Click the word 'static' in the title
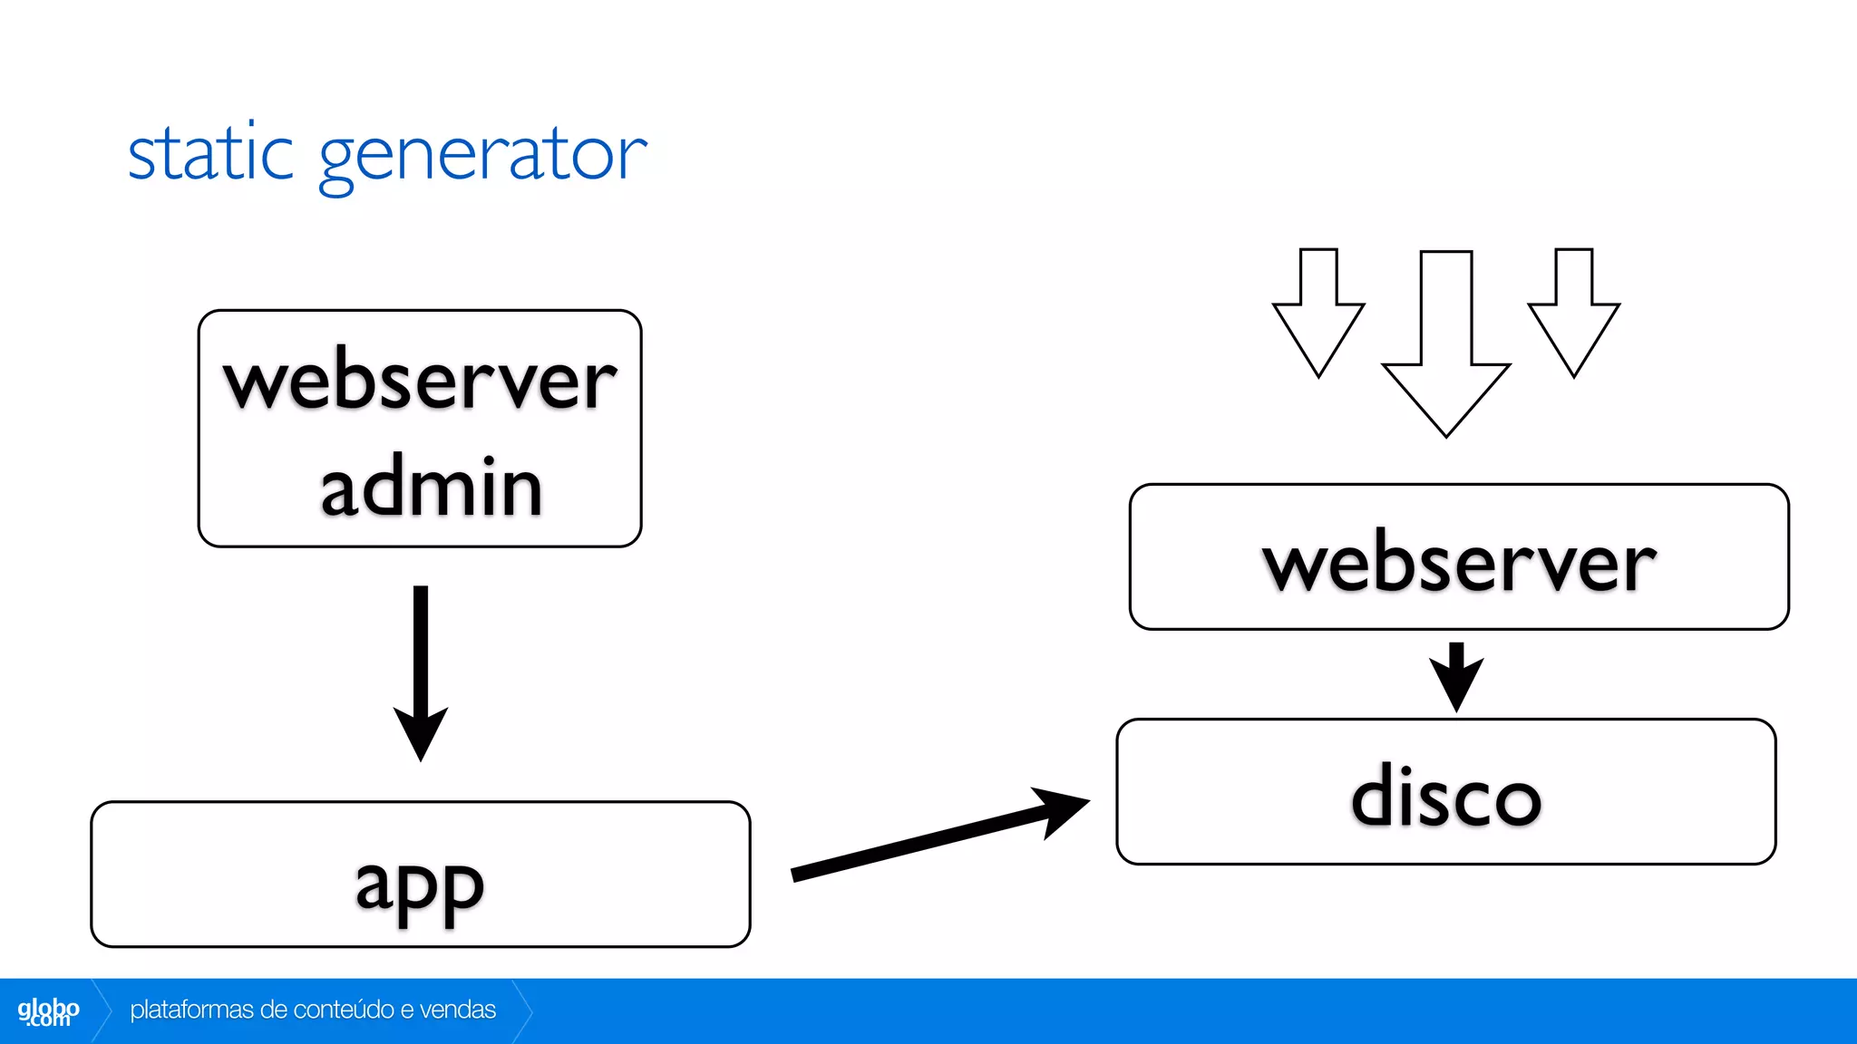(x=210, y=154)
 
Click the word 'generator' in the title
(x=482, y=156)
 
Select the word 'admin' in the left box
(x=432, y=488)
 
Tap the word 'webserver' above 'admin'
(x=420, y=381)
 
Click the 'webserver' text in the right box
(x=1459, y=562)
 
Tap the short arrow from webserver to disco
(x=1456, y=675)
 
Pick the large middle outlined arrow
(x=1446, y=344)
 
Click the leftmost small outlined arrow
(x=1318, y=313)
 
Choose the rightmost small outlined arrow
(x=1574, y=313)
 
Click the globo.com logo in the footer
(x=48, y=1011)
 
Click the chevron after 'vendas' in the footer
(x=523, y=1010)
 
